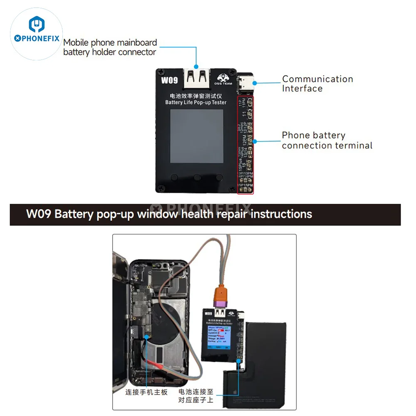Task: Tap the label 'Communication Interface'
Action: [317, 84]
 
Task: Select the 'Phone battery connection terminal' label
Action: [327, 140]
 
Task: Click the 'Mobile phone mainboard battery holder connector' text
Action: [110, 47]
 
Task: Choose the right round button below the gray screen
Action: [218, 178]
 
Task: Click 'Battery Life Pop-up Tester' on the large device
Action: [196, 102]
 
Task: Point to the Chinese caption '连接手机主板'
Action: [146, 392]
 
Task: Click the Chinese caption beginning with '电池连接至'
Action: [196, 396]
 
